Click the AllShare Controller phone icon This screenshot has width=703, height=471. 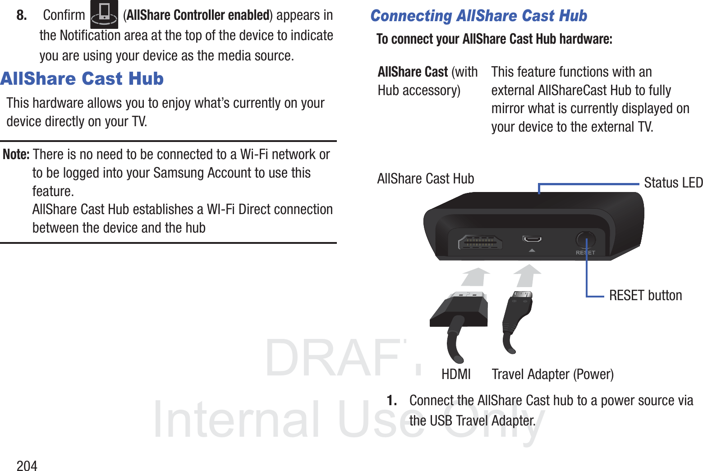coord(104,14)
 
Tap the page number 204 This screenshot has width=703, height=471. coord(27,466)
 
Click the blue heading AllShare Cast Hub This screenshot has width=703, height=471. coord(82,79)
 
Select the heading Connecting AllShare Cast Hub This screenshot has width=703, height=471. coord(478,16)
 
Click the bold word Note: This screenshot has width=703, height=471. coord(16,155)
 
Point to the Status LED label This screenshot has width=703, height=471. coord(673,183)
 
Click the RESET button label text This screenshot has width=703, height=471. coord(645,296)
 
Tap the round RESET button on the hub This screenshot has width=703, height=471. coord(585,240)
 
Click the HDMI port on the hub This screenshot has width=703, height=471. coord(480,242)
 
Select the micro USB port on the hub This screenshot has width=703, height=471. coord(532,239)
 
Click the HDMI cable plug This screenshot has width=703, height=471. coord(459,311)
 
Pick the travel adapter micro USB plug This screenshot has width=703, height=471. coord(519,311)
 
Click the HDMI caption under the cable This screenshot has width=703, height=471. coord(456,374)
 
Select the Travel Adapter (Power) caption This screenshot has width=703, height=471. coord(552,374)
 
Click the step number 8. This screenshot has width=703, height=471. coord(22,15)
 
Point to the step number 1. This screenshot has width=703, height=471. coord(392,400)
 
